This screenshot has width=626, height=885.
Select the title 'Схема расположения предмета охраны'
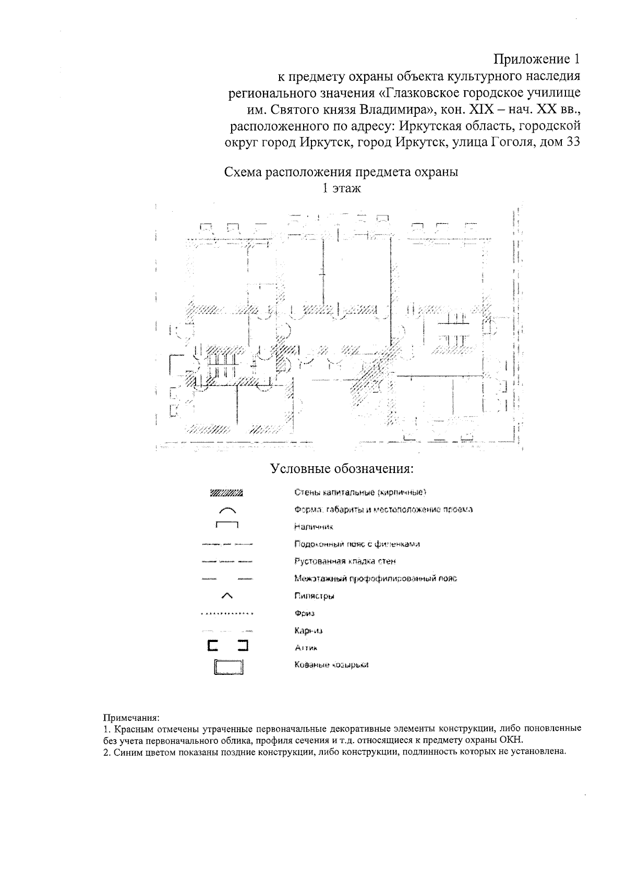tap(341, 172)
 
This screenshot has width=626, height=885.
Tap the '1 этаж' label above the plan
tap(341, 188)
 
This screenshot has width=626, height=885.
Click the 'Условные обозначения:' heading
tap(342, 468)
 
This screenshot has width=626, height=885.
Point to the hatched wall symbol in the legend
tap(226, 492)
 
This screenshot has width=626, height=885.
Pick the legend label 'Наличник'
tap(314, 527)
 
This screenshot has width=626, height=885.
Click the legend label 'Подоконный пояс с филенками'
tap(357, 544)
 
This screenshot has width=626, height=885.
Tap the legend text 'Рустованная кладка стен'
tap(345, 562)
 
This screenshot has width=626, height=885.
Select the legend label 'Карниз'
tap(308, 631)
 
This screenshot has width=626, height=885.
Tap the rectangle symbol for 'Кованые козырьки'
tap(228, 667)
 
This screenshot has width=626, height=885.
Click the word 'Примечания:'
tap(130, 718)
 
